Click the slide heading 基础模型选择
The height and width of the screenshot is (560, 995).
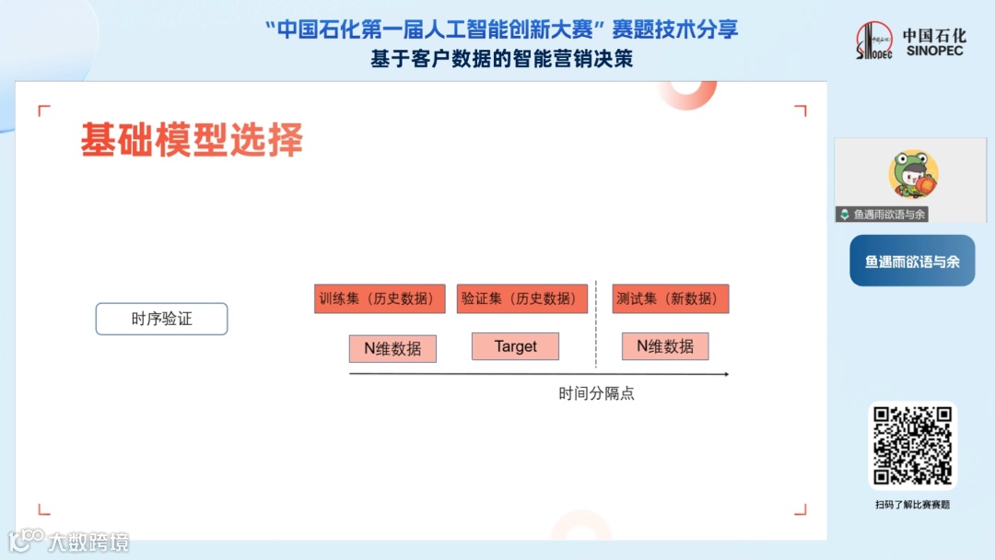tap(192, 139)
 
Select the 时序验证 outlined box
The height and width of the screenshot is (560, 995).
tap(161, 319)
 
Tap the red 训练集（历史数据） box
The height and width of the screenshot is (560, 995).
tap(380, 298)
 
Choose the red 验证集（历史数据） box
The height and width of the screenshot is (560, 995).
tap(522, 298)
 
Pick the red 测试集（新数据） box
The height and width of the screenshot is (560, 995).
tap(671, 298)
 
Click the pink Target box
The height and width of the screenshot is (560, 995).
tap(515, 346)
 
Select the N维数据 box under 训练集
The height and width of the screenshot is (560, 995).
tap(392, 348)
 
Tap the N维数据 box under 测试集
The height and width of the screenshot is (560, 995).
tap(665, 346)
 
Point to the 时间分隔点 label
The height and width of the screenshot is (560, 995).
tap(596, 393)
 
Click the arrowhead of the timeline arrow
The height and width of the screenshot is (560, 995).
tap(726, 374)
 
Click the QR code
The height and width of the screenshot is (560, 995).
tap(912, 446)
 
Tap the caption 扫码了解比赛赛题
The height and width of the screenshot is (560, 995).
tap(912, 505)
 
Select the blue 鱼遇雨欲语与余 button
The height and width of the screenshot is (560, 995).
tap(912, 262)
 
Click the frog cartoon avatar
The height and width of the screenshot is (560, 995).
tap(913, 174)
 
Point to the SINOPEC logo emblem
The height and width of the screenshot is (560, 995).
tap(873, 41)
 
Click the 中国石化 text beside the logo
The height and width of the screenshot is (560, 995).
tap(934, 36)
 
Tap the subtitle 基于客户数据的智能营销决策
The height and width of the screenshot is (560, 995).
tap(501, 59)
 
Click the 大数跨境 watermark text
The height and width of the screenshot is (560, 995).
tap(88, 542)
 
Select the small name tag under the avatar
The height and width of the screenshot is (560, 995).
tap(883, 215)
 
